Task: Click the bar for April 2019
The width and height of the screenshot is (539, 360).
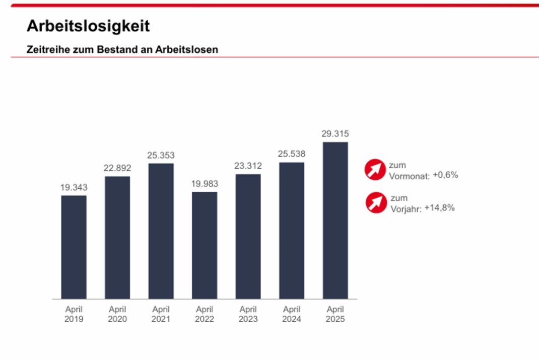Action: [x=74, y=247]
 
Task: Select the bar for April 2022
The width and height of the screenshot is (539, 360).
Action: [x=205, y=245]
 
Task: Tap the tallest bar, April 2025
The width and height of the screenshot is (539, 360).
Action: [x=335, y=220]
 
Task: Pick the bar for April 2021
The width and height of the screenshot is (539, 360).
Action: [x=161, y=231]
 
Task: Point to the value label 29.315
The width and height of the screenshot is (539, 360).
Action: [x=335, y=134]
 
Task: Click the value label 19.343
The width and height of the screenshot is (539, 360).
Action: [x=74, y=187]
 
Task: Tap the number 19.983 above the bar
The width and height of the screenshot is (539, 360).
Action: [x=205, y=184]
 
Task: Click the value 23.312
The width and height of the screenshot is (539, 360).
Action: [x=248, y=166]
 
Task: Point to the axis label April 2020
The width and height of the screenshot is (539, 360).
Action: [x=117, y=314]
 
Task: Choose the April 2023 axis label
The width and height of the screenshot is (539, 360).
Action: [x=248, y=314]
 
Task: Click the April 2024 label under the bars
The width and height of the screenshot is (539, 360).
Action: [x=292, y=314]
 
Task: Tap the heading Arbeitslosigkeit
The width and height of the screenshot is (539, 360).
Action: [x=88, y=26]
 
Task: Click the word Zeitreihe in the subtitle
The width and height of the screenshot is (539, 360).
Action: [x=45, y=50]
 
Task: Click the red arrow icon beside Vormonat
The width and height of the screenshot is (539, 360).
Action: [x=375, y=170]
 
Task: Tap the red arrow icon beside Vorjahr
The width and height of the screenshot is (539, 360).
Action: [x=376, y=202]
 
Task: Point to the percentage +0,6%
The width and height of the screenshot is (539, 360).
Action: [x=445, y=175]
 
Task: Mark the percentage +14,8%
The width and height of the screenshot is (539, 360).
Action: [x=440, y=207]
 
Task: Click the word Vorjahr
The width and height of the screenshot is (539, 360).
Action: [x=406, y=208]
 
